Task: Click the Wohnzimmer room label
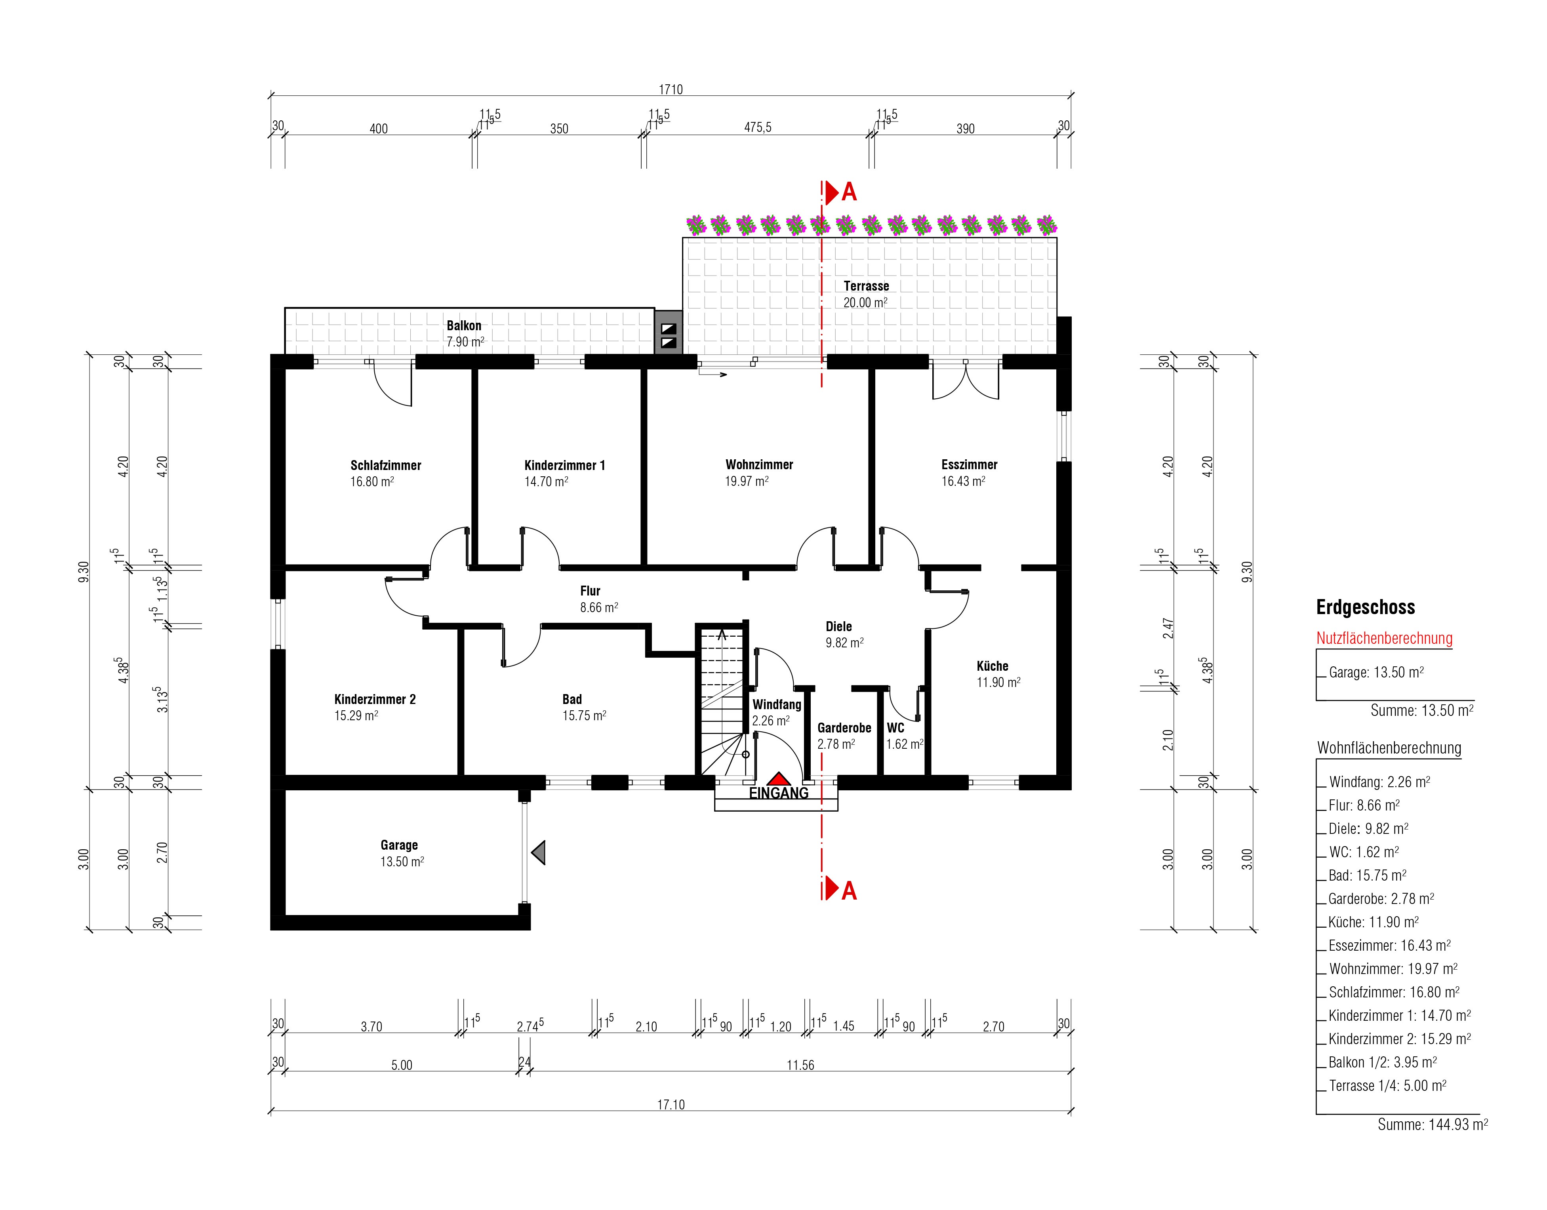(759, 465)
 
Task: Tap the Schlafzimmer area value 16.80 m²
(372, 482)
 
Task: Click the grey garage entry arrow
(539, 852)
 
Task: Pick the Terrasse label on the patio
(866, 286)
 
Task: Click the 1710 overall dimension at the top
(671, 89)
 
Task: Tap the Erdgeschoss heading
(1366, 607)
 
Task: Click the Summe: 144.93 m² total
(1432, 1124)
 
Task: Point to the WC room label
(895, 728)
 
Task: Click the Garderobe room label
(844, 728)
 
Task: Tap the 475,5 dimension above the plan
(758, 127)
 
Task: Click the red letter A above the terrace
(849, 192)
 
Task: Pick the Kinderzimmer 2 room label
(375, 699)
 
